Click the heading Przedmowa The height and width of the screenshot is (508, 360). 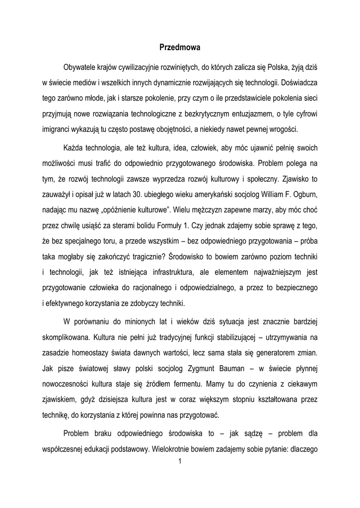point(179,48)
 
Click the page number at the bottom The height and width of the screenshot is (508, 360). point(179,463)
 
